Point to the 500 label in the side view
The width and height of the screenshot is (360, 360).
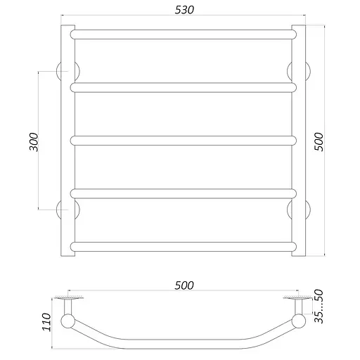[x=184, y=285]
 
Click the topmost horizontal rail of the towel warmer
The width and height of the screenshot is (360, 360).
[x=183, y=34]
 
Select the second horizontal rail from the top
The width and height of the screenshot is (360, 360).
[x=183, y=87]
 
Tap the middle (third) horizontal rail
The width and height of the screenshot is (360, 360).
[x=183, y=141]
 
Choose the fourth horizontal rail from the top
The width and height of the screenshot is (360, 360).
[x=183, y=193]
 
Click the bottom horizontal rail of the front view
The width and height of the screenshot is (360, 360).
[x=183, y=247]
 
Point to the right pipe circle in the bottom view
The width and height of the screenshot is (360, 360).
[x=299, y=322]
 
